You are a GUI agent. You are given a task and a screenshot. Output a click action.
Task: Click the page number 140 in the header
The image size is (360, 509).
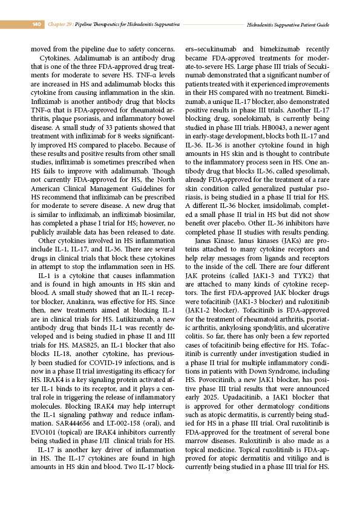click(x=36, y=25)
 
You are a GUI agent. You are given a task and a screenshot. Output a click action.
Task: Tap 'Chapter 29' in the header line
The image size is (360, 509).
click(x=61, y=25)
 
